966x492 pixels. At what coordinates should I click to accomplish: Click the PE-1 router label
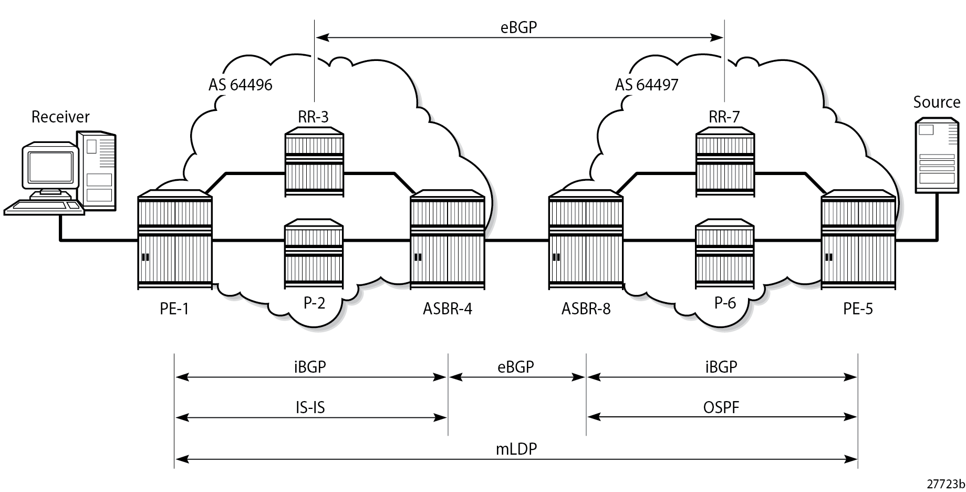(x=174, y=309)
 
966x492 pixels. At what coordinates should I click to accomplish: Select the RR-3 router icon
(x=314, y=164)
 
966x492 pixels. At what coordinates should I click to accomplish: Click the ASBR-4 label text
(x=448, y=309)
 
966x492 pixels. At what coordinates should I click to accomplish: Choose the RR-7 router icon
(x=725, y=164)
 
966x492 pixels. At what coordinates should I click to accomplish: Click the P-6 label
(x=725, y=303)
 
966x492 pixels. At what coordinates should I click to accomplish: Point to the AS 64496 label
(x=241, y=85)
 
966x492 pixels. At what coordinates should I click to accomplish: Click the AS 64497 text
(x=647, y=85)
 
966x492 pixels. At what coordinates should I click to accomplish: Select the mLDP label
(x=516, y=449)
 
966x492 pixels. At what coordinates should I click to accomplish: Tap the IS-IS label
(x=310, y=407)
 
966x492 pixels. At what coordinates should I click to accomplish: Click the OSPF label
(x=721, y=407)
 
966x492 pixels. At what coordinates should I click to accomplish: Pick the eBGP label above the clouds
(x=519, y=27)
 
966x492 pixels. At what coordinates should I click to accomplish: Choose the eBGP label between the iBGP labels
(x=516, y=367)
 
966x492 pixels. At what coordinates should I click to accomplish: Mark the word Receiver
(x=60, y=117)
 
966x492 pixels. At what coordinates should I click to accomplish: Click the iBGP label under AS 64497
(x=721, y=367)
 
